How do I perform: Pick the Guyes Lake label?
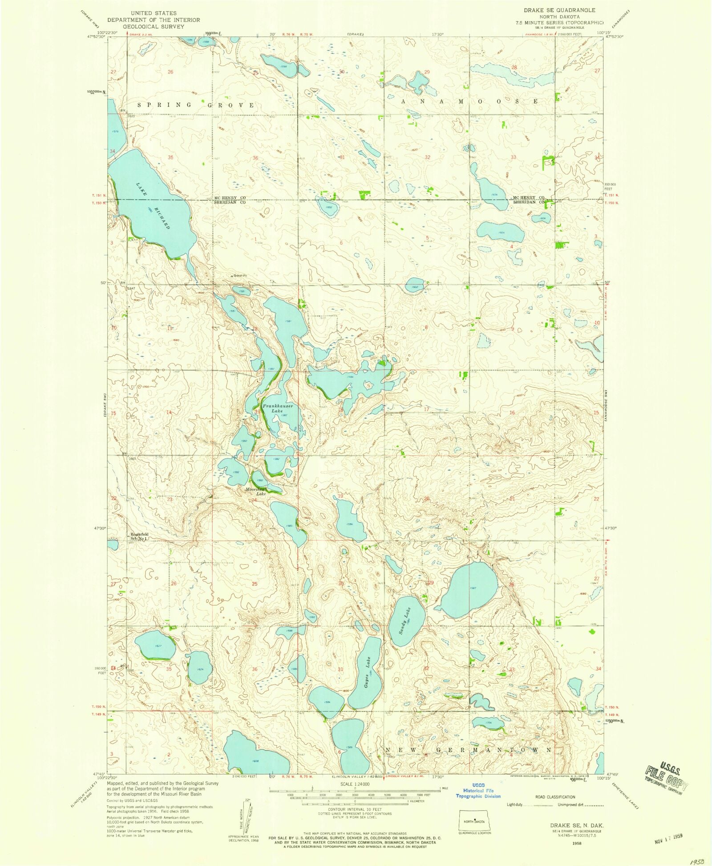click(x=368, y=668)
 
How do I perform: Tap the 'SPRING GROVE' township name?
click(x=196, y=105)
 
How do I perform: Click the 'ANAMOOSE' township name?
click(x=469, y=102)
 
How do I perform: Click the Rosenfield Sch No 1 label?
click(x=138, y=536)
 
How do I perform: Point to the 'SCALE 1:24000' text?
click(x=355, y=784)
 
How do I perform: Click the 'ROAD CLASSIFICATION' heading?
click(x=555, y=797)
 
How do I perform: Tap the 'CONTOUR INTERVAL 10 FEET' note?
click(x=355, y=809)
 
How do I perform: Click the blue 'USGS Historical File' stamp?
click(x=478, y=791)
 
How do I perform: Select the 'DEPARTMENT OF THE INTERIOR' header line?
click(x=154, y=20)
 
